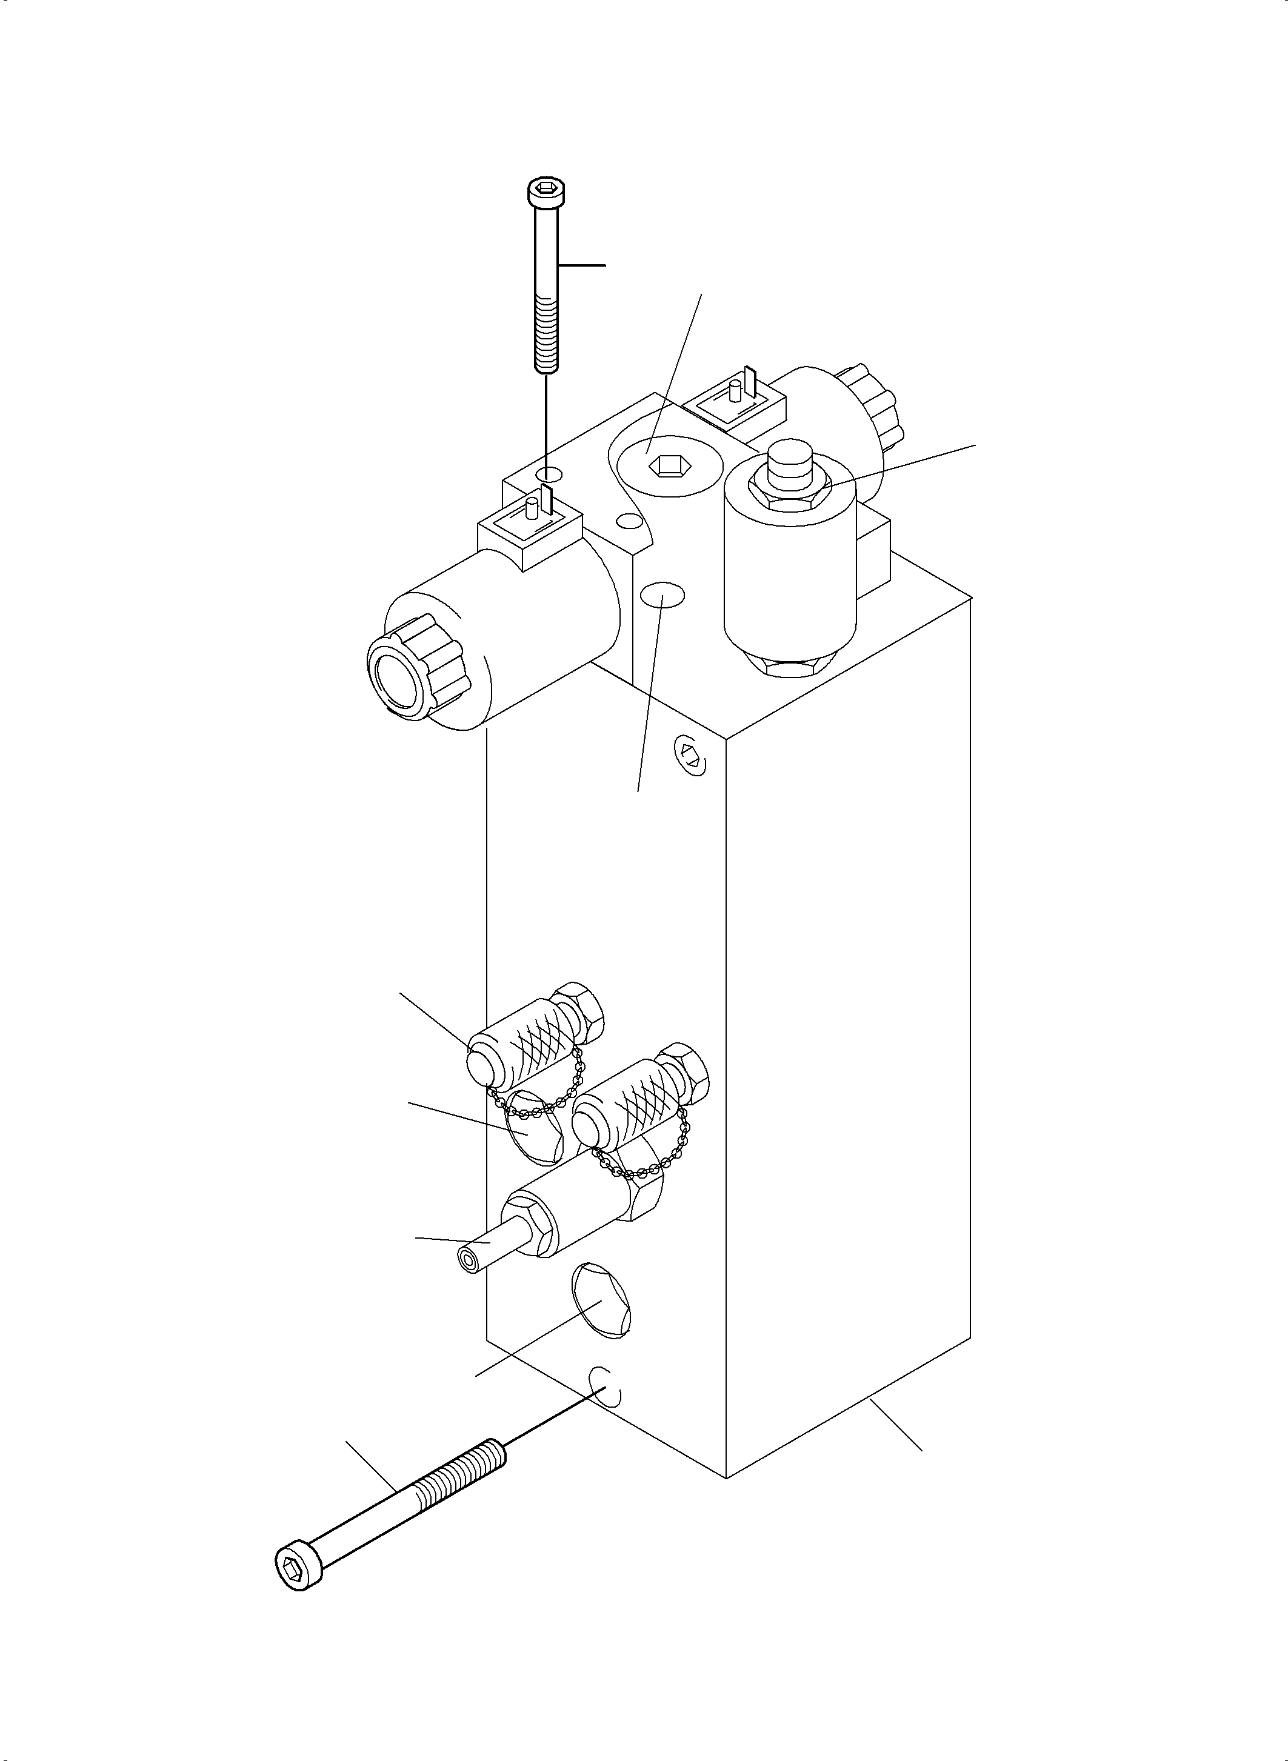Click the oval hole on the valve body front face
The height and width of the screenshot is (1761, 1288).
click(x=662, y=596)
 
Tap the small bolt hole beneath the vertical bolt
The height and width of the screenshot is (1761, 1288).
click(x=548, y=474)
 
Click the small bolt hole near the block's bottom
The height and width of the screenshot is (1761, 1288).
click(x=607, y=1385)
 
